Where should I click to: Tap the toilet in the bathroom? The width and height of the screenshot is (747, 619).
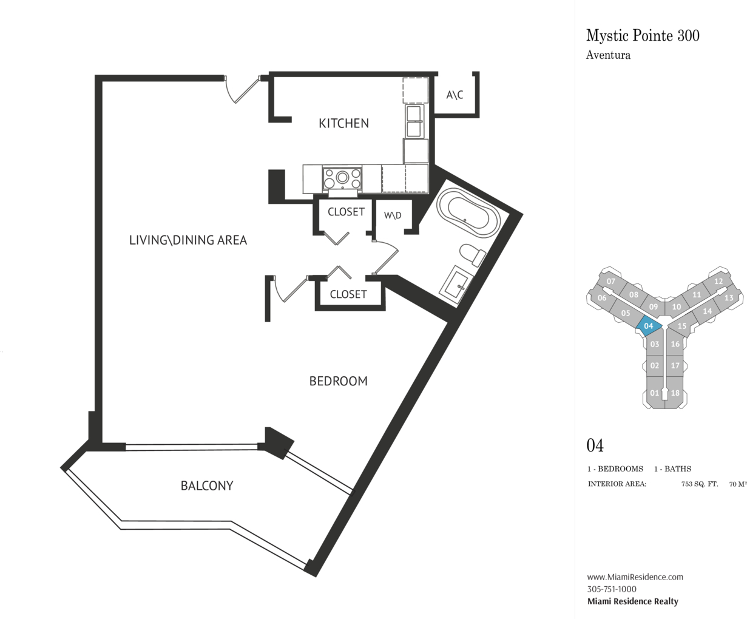pos(473,255)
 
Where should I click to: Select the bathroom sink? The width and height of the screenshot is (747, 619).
pos(456,285)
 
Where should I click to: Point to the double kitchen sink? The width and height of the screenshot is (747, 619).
pos(414,121)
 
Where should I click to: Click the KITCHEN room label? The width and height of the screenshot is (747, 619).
pos(343,123)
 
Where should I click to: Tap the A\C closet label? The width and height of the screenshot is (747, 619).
pos(455,95)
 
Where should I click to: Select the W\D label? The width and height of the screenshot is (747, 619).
pos(393,215)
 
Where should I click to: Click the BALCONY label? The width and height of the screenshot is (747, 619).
pos(207,485)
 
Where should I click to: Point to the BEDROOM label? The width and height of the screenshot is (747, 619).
pos(338,381)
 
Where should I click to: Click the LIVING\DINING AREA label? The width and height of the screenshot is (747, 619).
pos(188,240)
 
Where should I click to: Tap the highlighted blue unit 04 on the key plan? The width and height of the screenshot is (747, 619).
pos(649,326)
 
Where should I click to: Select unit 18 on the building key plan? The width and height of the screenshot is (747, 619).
pos(675,393)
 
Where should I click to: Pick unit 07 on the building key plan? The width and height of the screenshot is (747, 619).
pos(610,281)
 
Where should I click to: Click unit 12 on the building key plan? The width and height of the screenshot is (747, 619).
pos(718,281)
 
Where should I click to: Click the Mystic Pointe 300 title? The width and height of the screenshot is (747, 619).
pos(643,35)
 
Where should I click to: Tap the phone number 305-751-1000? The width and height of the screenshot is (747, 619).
pos(612,589)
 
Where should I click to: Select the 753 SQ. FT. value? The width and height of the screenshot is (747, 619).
pos(700,484)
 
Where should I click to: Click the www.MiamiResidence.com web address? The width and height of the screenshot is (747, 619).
pos(635,577)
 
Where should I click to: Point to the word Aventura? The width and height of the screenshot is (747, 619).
pos(608,55)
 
